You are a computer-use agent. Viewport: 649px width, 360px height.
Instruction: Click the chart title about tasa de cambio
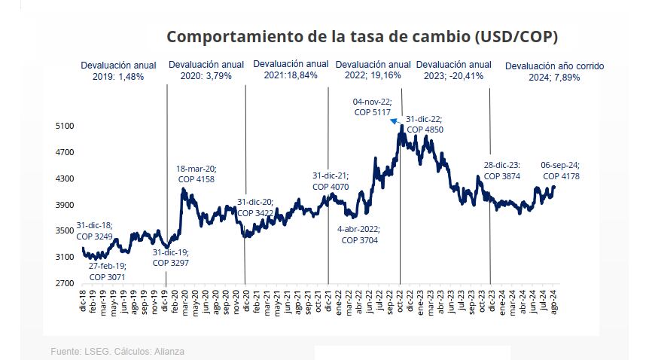[x=361, y=37]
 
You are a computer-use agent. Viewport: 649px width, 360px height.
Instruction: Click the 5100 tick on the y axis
[x=65, y=127]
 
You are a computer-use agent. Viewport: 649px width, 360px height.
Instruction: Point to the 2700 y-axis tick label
[x=65, y=284]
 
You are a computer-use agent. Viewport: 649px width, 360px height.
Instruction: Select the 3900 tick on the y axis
[x=65, y=205]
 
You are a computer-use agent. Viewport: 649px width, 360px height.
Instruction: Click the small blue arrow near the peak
[x=395, y=121]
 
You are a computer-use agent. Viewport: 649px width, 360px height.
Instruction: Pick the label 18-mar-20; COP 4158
[x=196, y=175]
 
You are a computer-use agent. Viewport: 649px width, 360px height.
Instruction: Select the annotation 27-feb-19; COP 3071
[x=107, y=272]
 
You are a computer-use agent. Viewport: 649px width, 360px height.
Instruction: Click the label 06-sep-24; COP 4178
[x=560, y=171]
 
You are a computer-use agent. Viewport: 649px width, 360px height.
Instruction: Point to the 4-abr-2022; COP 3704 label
[x=359, y=234]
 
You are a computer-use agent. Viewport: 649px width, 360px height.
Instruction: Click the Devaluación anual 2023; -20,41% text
[x=453, y=70]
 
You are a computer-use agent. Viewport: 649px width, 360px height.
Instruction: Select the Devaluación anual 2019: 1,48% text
[x=118, y=71]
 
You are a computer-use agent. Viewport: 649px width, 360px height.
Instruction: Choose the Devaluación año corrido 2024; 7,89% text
[x=554, y=72]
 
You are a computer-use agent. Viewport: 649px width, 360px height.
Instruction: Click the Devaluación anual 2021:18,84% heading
[x=291, y=69]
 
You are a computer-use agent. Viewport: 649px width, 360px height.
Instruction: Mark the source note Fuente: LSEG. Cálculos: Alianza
[x=117, y=351]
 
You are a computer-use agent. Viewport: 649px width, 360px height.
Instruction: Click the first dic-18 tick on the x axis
[x=84, y=302]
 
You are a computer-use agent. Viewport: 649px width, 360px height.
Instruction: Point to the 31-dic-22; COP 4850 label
[x=424, y=124]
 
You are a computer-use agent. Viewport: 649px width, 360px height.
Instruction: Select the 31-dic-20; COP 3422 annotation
[x=255, y=208]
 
